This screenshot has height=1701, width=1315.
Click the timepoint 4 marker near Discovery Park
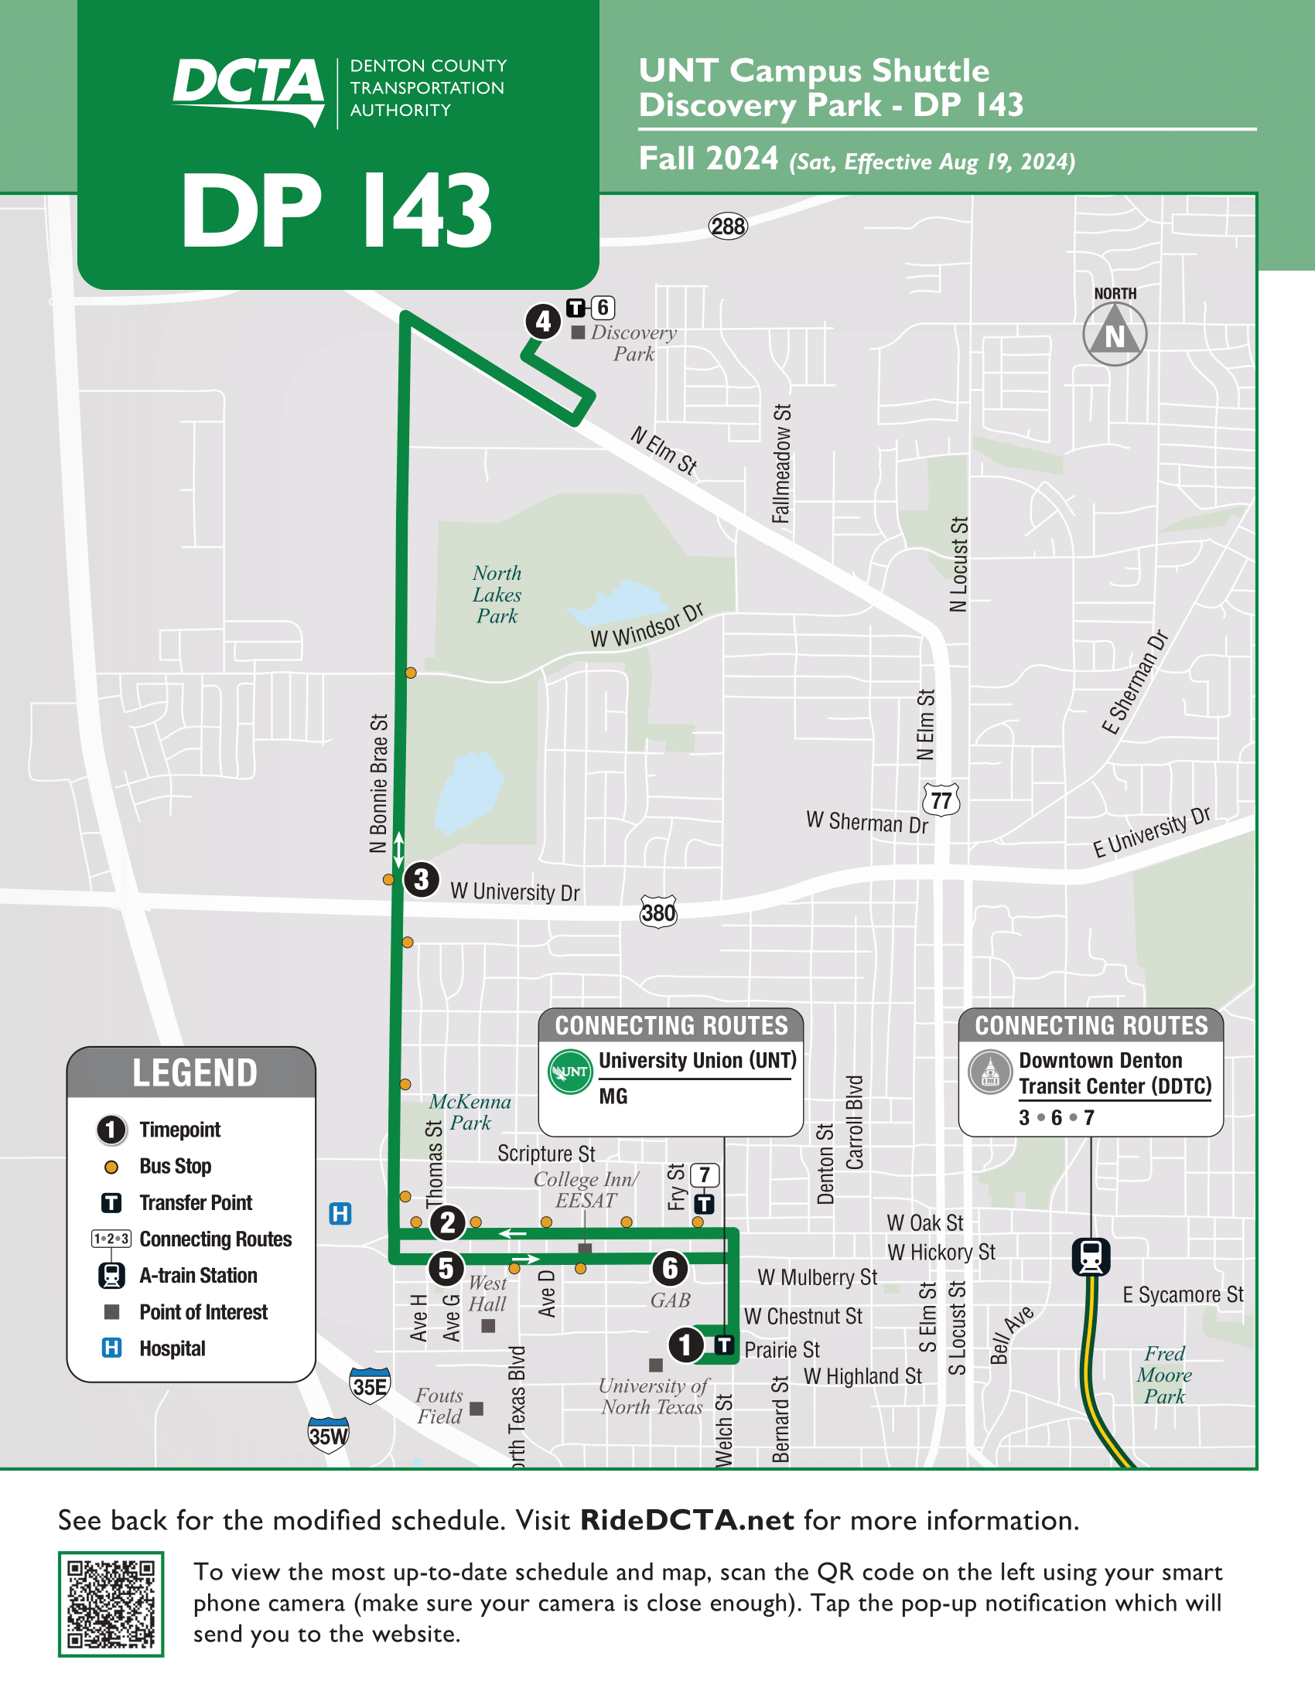pyautogui.click(x=543, y=321)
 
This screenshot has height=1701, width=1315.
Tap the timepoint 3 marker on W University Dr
pyautogui.click(x=422, y=880)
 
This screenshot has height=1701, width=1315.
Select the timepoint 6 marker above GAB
pyautogui.click(x=670, y=1269)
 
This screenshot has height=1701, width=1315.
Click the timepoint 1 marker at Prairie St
pyautogui.click(x=685, y=1345)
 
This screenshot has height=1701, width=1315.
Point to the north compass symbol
pyautogui.click(x=1114, y=334)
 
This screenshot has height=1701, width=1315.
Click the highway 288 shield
pyautogui.click(x=728, y=227)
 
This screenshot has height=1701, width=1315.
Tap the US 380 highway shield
pyautogui.click(x=658, y=912)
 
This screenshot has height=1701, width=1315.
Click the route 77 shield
pyautogui.click(x=941, y=801)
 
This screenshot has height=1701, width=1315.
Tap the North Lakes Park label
pyautogui.click(x=497, y=595)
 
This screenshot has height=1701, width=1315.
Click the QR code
pyautogui.click(x=111, y=1604)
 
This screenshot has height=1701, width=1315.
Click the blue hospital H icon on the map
pyautogui.click(x=340, y=1213)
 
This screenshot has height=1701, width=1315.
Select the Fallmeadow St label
pyautogui.click(x=781, y=463)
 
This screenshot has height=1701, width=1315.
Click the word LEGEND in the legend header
pyautogui.click(x=195, y=1072)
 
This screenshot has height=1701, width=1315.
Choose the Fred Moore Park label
pyautogui.click(x=1164, y=1375)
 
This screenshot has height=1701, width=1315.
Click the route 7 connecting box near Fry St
pyautogui.click(x=704, y=1174)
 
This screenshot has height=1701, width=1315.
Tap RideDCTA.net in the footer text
pyautogui.click(x=687, y=1520)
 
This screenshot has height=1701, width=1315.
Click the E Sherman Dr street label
pyautogui.click(x=1135, y=682)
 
